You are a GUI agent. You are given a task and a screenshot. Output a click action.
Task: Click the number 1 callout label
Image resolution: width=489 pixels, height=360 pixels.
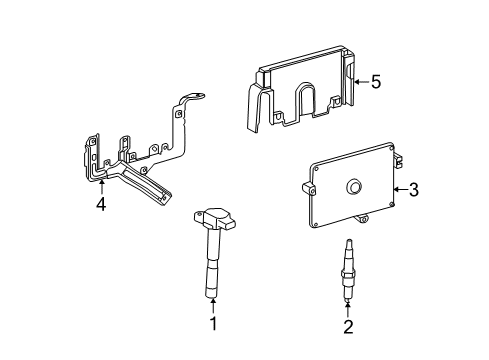pos(213,323)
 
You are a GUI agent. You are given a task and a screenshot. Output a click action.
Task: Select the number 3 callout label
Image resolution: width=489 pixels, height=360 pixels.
pos(413,190)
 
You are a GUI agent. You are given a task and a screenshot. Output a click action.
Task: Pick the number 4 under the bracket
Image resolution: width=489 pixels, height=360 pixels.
pos(100,205)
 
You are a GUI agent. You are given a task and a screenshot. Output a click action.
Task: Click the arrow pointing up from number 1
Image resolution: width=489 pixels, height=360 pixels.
pos(213,304)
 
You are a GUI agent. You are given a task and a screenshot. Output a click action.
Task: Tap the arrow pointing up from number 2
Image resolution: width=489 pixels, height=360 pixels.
pos(347,305)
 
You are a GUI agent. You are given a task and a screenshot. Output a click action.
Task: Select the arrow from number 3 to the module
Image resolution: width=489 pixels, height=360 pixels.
pos(399,189)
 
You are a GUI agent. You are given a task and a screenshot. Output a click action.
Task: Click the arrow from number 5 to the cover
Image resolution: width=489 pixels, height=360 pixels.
pos(358,83)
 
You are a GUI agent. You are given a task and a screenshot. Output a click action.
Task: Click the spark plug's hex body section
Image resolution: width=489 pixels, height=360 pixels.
pos(347,276)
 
